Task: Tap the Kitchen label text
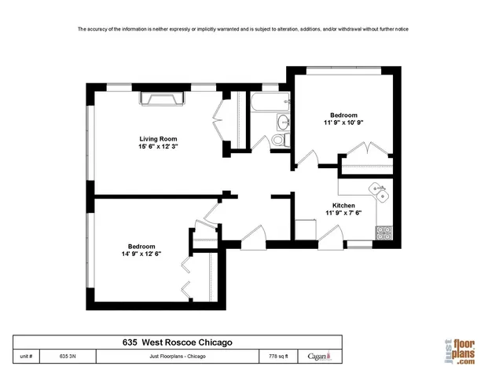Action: click(x=343, y=205)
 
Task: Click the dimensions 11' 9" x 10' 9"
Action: click(x=343, y=123)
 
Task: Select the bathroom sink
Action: click(x=282, y=122)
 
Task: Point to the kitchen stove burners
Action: click(x=384, y=232)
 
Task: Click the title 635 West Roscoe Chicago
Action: click(x=177, y=342)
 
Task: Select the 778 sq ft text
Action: click(x=280, y=356)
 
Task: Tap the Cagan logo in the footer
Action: click(x=320, y=356)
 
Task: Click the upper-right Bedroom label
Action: click(x=343, y=114)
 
